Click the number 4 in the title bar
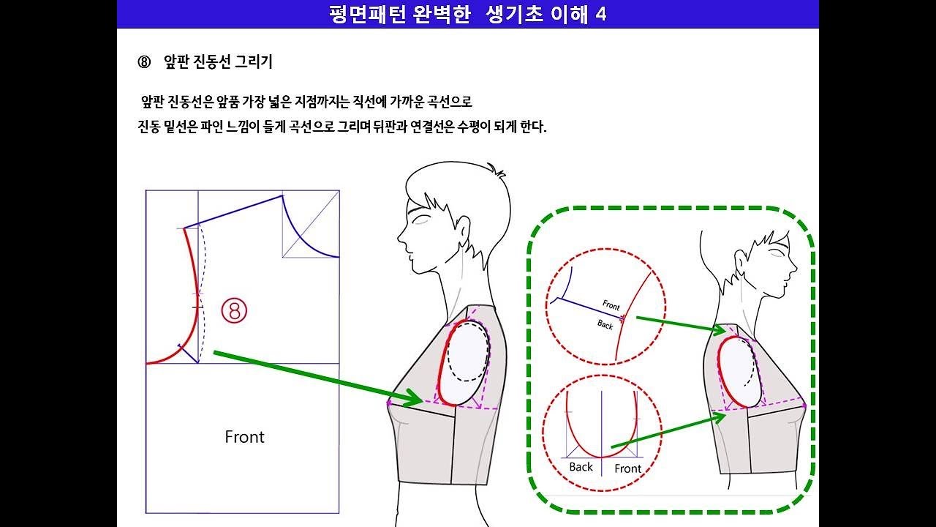600,14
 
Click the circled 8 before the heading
143,62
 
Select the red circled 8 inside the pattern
234,311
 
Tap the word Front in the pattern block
244,437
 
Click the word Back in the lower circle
581,467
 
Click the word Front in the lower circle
627,468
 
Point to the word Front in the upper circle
611,304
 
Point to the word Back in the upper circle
605,324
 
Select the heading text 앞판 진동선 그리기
218,62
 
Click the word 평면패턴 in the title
360,14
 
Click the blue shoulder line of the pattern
233,212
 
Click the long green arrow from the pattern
314,376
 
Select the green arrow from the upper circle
676,323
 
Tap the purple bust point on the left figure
389,402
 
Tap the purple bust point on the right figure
804,405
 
